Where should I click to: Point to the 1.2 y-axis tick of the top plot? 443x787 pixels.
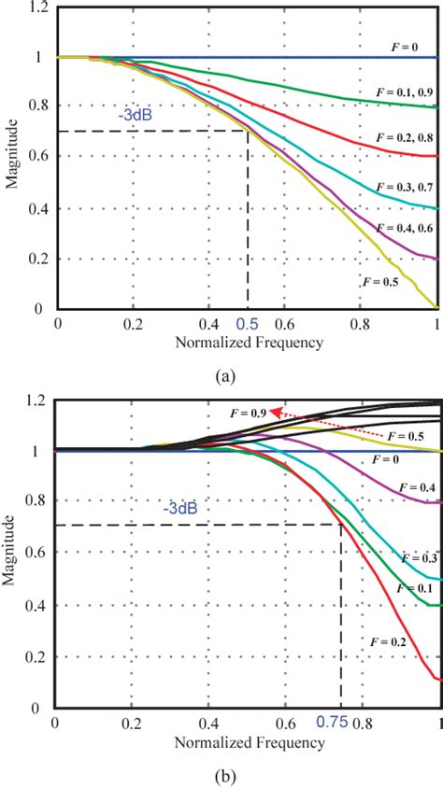pos(37,8)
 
